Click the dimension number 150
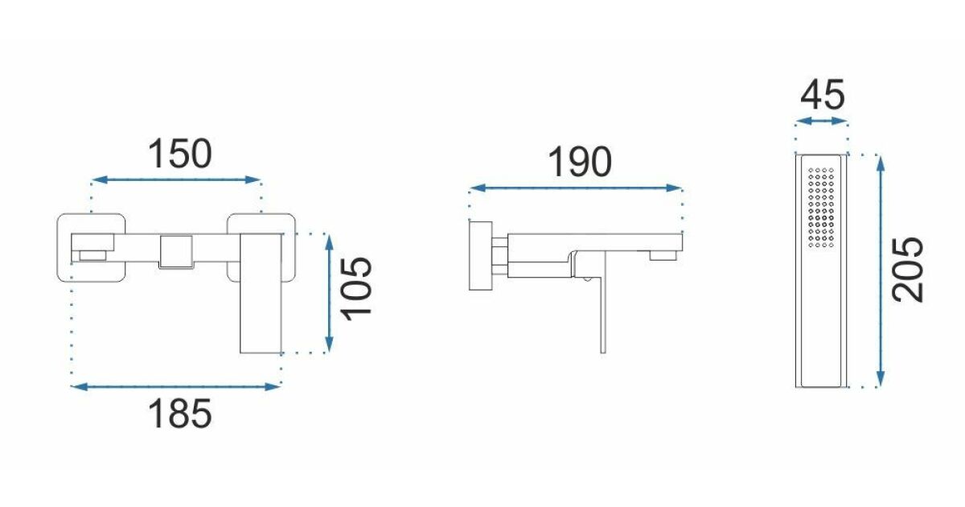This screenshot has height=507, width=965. [179, 154]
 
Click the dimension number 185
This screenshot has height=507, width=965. [179, 414]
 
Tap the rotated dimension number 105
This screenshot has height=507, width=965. [355, 289]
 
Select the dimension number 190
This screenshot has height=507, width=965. [580, 162]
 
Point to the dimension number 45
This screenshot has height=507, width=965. [823, 95]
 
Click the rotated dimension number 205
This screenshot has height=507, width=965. [908, 270]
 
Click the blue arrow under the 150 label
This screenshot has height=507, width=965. [176, 179]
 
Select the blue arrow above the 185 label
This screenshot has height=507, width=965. [175, 387]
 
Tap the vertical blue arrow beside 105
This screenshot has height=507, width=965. [330, 293]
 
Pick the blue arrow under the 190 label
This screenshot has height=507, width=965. [576, 188]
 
